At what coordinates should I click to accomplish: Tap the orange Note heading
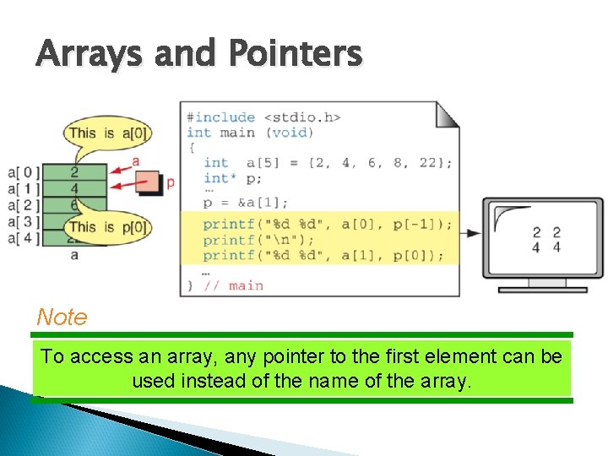[62, 318]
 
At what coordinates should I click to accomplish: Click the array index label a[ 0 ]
[23, 173]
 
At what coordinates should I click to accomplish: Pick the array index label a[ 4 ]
[23, 237]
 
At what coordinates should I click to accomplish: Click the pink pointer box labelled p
[149, 181]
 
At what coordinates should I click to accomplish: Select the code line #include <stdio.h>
[263, 117]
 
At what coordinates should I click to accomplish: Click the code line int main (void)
[250, 132]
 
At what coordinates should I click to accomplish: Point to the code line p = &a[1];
[246, 203]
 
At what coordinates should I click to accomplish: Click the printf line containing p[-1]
[328, 225]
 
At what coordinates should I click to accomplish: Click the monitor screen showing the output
[542, 237]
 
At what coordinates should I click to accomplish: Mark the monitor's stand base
[542, 289]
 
